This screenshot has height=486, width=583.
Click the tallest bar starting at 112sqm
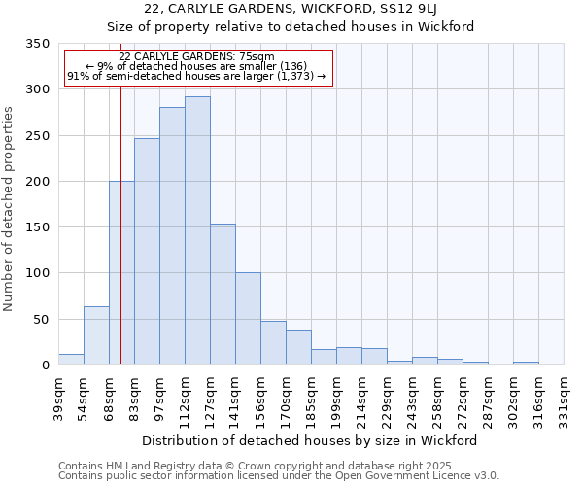[x=197, y=231]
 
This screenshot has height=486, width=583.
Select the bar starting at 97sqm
[x=172, y=236]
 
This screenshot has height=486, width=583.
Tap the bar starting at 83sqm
[x=147, y=252]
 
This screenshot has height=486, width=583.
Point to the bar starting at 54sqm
[x=96, y=335]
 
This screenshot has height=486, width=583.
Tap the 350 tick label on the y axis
[x=37, y=44]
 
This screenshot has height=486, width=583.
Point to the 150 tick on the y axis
[x=37, y=227]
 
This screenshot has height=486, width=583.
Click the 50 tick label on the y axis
[x=41, y=320]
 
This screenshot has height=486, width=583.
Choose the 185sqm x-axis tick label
[x=311, y=393]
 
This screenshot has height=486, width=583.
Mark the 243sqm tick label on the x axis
[x=412, y=393]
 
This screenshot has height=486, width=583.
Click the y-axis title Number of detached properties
[x=9, y=209]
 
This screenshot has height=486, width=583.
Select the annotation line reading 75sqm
[x=198, y=57]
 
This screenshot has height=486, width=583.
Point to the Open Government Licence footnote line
[x=279, y=476]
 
